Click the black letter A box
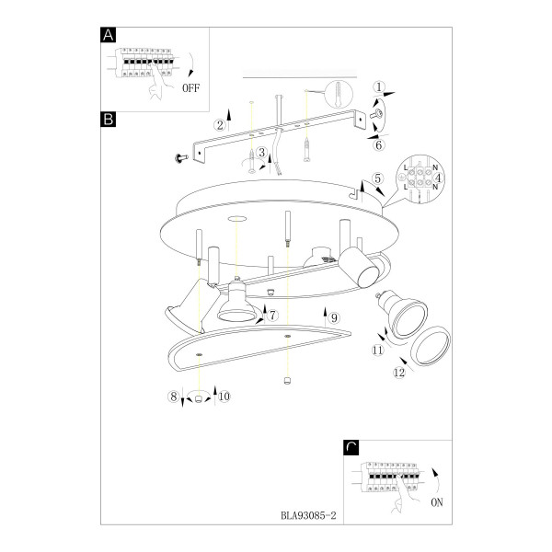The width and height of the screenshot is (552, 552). (x=108, y=35)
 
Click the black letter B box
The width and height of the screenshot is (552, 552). (x=108, y=120)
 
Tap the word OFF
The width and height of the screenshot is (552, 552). (x=190, y=87)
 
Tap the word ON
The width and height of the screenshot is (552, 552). (x=437, y=502)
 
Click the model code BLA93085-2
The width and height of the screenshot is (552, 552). (x=308, y=516)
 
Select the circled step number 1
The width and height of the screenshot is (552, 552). (x=379, y=87)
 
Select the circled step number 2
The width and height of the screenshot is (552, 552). (x=220, y=124)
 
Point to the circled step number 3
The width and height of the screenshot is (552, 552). (x=261, y=153)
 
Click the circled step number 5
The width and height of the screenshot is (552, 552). (x=377, y=178)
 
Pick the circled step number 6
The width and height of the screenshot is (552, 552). (x=379, y=144)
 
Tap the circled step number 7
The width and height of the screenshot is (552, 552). (x=273, y=315)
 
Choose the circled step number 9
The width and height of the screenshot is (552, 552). (x=334, y=318)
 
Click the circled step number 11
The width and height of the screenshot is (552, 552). (x=378, y=350)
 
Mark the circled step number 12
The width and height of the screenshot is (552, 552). (x=399, y=373)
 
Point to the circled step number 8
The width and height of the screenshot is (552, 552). (x=173, y=397)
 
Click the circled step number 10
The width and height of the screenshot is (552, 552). (x=224, y=397)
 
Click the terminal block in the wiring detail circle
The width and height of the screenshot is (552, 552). (x=420, y=178)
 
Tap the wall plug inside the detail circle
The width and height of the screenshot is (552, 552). (x=339, y=93)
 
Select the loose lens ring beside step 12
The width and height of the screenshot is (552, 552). (x=431, y=346)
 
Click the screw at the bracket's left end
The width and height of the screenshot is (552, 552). (x=181, y=158)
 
